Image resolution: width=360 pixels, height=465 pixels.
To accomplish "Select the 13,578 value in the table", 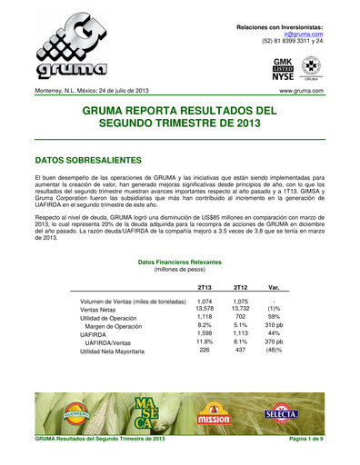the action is tap(205, 309).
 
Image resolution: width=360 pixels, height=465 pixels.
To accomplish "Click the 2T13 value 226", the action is tap(205, 350).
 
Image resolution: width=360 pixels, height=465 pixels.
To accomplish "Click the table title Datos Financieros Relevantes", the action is tap(180, 261).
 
